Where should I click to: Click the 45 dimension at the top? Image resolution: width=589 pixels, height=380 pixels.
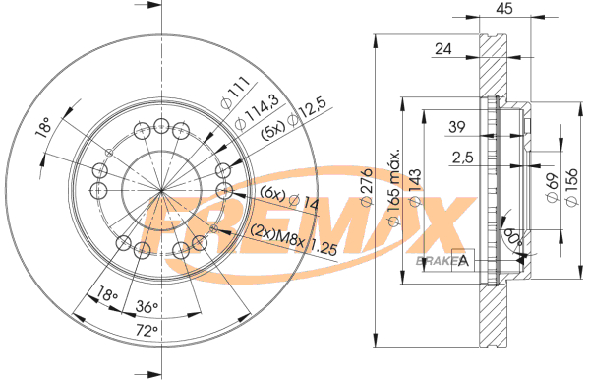point(504,8)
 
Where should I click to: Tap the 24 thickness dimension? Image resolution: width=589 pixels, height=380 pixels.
point(443,48)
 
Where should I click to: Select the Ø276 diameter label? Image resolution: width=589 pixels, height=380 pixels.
point(366,187)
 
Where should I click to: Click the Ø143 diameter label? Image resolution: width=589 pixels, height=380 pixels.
point(415,187)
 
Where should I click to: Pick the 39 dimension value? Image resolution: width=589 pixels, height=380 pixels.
point(457,127)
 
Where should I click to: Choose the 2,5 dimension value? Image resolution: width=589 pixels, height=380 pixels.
point(463,158)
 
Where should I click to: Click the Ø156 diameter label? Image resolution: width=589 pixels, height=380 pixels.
point(570,187)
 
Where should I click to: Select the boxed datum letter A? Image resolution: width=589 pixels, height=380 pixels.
point(463,260)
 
